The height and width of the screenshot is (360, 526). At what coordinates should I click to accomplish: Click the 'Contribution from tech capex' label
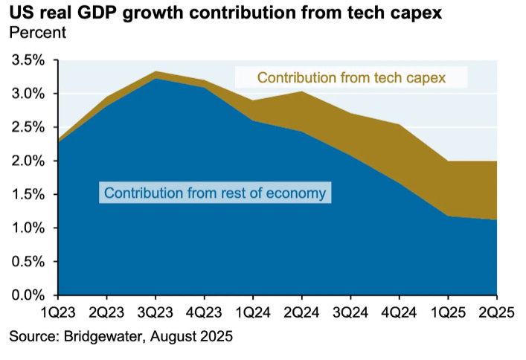[x=350, y=77]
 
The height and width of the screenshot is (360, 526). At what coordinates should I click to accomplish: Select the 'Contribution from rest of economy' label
[x=215, y=193]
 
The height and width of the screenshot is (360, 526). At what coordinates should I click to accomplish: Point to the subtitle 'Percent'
[x=37, y=33]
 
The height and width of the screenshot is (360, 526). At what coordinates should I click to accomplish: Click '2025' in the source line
[x=217, y=336]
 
